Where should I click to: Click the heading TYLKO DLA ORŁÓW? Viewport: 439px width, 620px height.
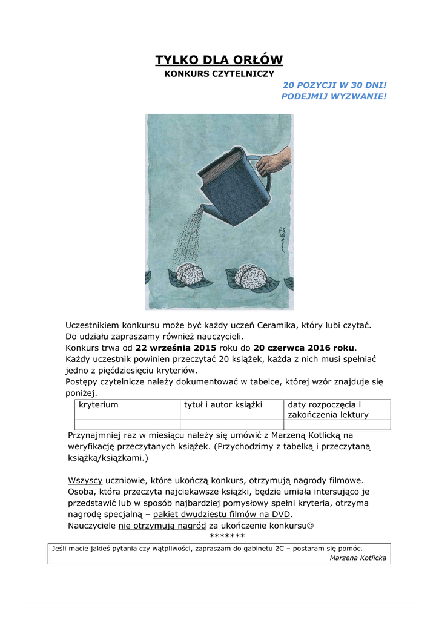point(219,59)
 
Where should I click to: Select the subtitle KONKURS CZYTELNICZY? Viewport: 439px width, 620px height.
point(219,74)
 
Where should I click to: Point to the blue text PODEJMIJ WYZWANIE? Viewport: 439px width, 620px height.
point(334,96)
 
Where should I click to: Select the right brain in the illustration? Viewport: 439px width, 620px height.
point(251,276)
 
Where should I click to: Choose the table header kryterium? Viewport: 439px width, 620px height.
point(99,404)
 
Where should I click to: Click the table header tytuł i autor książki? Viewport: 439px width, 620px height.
point(223,404)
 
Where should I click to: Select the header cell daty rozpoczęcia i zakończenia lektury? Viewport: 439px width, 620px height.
point(335,409)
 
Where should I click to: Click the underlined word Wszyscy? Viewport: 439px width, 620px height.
point(85,480)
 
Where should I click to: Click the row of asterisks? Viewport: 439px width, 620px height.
point(226,536)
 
